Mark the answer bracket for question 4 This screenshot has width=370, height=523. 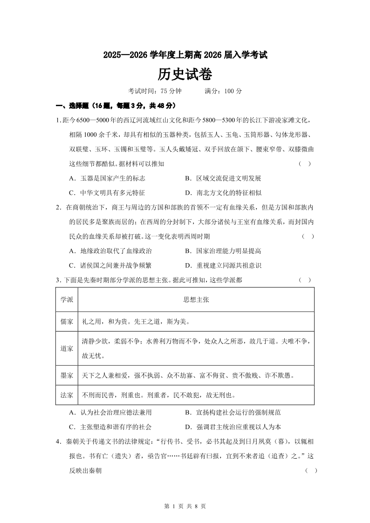[x=311, y=471]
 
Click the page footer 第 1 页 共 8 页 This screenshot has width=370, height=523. [x=185, y=506]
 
